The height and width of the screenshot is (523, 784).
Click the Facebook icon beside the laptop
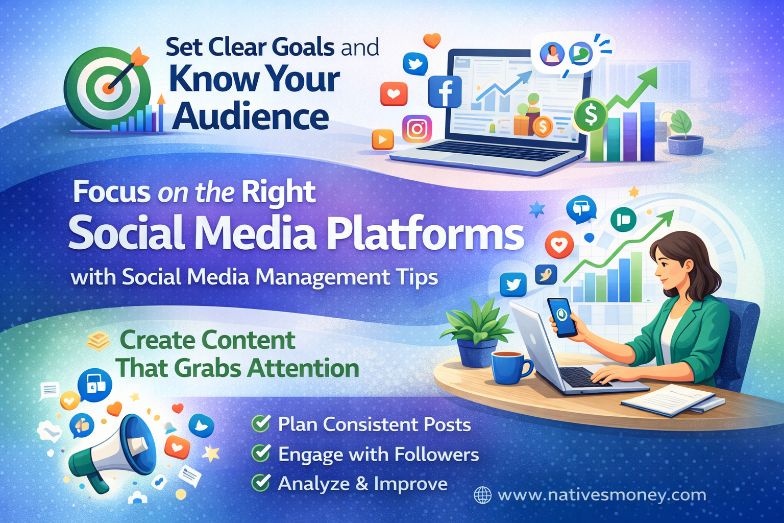[445, 92]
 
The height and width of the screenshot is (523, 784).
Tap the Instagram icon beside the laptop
[417, 129]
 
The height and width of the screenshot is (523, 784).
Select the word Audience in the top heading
[250, 117]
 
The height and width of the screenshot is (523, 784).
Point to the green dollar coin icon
[591, 115]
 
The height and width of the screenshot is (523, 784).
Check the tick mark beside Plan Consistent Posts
[261, 424]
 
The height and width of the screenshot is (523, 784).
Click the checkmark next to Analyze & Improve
[261, 483]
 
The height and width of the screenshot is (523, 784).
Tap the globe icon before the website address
[482, 495]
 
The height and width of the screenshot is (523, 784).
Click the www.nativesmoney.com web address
[602, 495]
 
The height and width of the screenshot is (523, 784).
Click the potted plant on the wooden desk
[477, 332]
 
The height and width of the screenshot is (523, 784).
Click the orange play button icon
[383, 139]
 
